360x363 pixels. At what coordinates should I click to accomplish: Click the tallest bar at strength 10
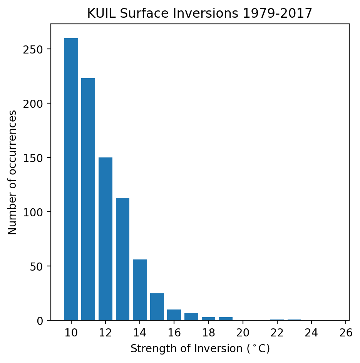point(71,179)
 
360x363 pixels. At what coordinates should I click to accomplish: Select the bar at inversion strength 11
point(88,199)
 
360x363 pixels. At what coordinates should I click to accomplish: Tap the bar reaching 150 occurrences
point(105,239)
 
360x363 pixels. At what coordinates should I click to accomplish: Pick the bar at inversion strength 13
point(122,259)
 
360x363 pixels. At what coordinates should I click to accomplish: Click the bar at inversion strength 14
point(140,290)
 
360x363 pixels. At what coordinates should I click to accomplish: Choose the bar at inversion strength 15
point(157,307)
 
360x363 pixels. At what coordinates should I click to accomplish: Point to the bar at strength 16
point(174,315)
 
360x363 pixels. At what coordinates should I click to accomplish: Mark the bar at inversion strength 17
point(191,316)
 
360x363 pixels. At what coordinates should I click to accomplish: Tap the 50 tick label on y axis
point(41,266)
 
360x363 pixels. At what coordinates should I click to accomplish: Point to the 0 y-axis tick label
point(43,321)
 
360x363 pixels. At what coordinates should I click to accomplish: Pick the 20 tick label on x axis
point(243,332)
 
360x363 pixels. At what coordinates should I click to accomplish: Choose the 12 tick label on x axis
point(105,332)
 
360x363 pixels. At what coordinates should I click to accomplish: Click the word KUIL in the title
point(99,13)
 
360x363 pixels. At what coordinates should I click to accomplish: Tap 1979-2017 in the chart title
point(280,13)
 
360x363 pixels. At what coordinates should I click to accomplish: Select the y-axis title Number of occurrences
point(12,172)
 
